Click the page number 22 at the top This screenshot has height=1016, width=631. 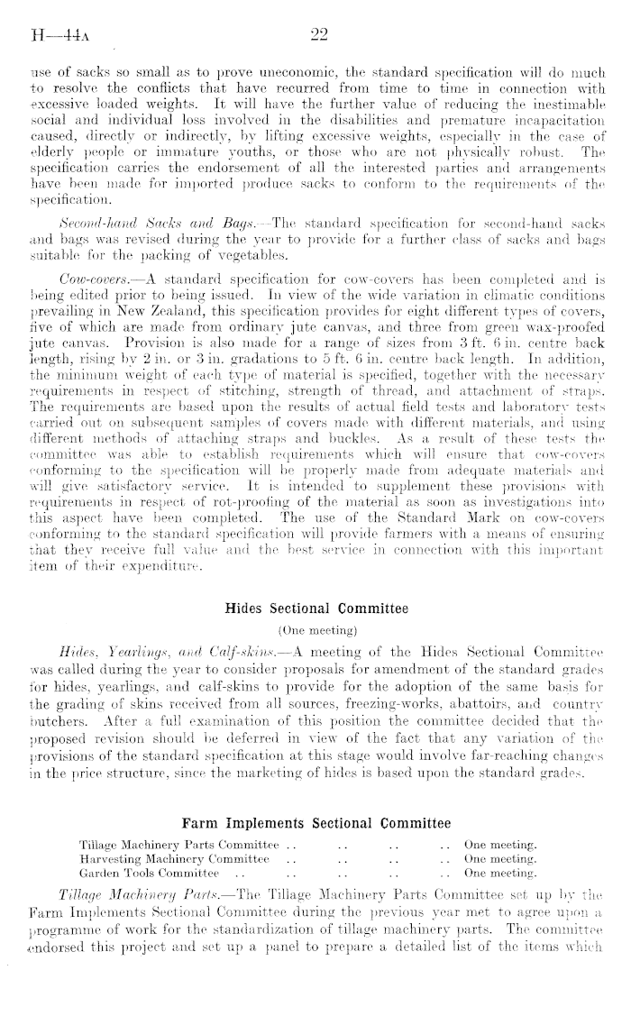click(x=316, y=35)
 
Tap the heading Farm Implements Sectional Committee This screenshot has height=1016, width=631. click(x=315, y=822)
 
